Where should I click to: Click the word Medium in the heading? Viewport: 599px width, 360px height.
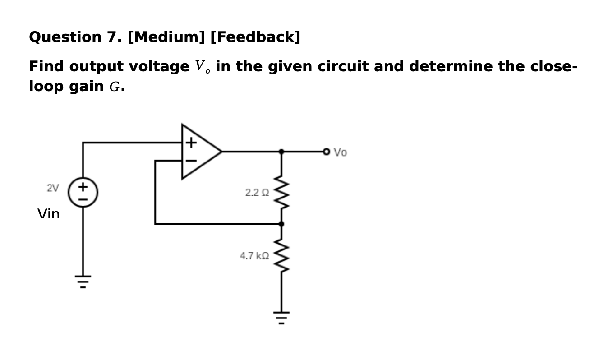(166, 37)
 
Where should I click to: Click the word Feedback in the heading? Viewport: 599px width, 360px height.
(255, 37)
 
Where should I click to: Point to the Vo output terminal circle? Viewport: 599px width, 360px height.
(327, 152)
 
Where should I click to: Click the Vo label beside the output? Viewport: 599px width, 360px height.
(341, 152)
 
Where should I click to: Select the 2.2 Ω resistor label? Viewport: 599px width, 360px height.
(257, 193)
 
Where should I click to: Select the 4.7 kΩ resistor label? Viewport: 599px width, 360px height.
(254, 256)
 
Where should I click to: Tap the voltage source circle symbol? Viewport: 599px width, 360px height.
(83, 192)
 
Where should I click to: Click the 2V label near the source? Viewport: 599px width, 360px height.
(53, 188)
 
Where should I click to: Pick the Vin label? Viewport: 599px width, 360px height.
(49, 213)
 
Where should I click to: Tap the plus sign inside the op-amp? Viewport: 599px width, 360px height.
(191, 143)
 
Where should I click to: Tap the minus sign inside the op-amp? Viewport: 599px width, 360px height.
(191, 160)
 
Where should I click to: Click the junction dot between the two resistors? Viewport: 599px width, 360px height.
(281, 224)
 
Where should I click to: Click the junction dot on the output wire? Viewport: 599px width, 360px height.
(281, 152)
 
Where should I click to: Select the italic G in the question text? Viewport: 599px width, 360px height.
(114, 87)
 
